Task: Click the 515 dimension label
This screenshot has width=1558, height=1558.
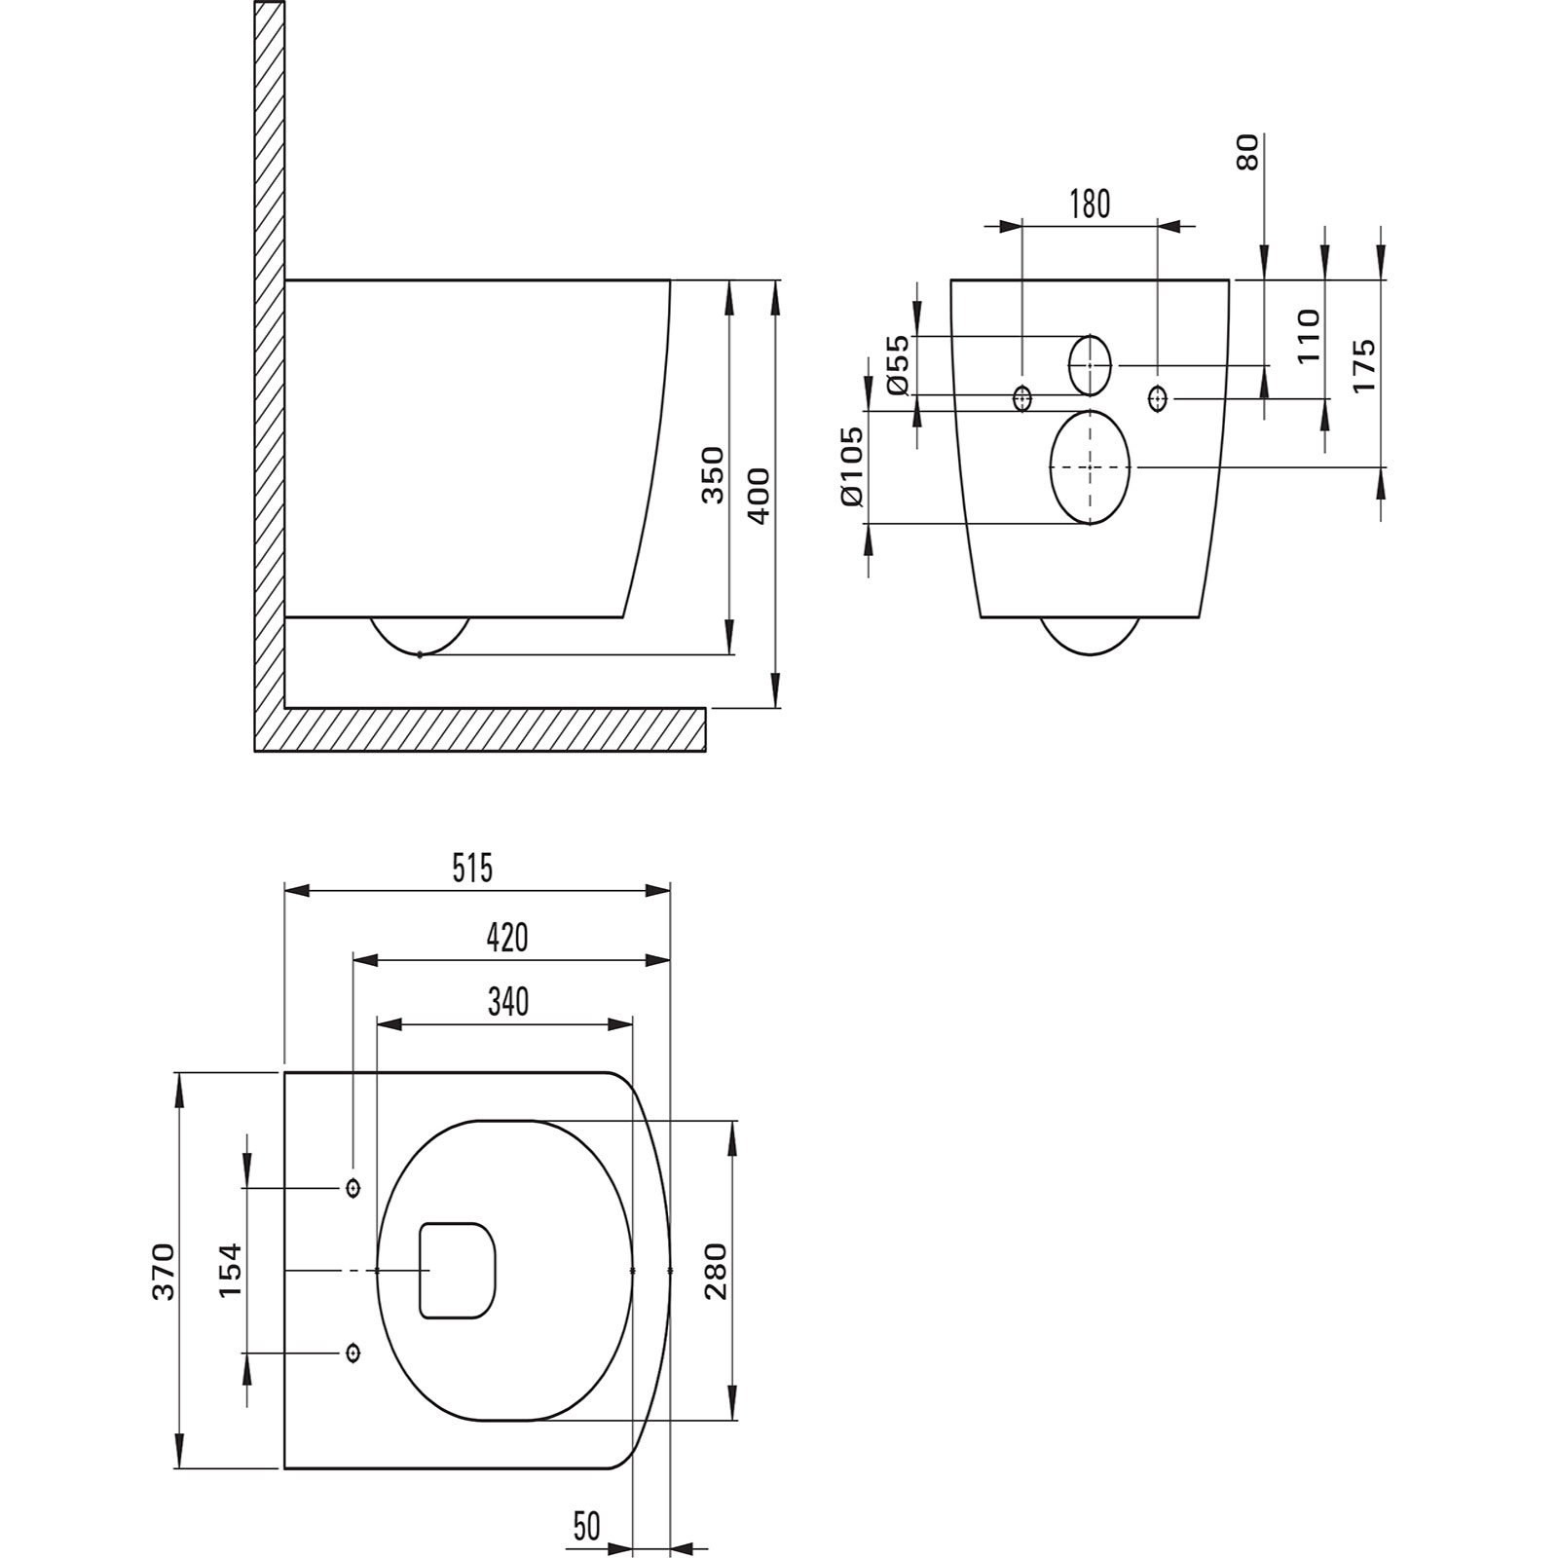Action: pyautogui.click(x=473, y=868)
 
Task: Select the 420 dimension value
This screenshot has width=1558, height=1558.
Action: pyautogui.click(x=507, y=938)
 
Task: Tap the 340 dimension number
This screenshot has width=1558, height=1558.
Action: pyautogui.click(x=507, y=1001)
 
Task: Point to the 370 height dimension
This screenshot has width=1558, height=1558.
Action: pyautogui.click(x=163, y=1271)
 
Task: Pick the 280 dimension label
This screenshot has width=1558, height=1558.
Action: pyautogui.click(x=716, y=1271)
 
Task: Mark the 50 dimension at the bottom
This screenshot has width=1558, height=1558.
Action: pyautogui.click(x=587, y=1526)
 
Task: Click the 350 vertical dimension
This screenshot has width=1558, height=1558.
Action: pyautogui.click(x=714, y=474)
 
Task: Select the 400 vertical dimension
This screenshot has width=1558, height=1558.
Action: pyautogui.click(x=760, y=497)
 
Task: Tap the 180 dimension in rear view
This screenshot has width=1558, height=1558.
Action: pyautogui.click(x=1090, y=204)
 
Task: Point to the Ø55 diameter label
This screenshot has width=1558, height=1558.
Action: pyautogui.click(x=898, y=364)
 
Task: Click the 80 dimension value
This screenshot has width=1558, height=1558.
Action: pyautogui.click(x=1247, y=153)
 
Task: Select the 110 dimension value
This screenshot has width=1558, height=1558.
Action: pyautogui.click(x=1309, y=336)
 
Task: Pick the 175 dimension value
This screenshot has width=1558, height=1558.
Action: pyautogui.click(x=1363, y=365)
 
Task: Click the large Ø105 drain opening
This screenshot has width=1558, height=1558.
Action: pyautogui.click(x=1091, y=467)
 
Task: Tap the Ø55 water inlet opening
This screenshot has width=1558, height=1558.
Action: pyautogui.click(x=1091, y=365)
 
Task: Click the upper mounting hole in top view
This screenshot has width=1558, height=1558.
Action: pyautogui.click(x=352, y=1188)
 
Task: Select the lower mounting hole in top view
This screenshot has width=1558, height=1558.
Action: pyautogui.click(x=352, y=1354)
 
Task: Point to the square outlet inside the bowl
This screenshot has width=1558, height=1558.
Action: pyautogui.click(x=457, y=1271)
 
